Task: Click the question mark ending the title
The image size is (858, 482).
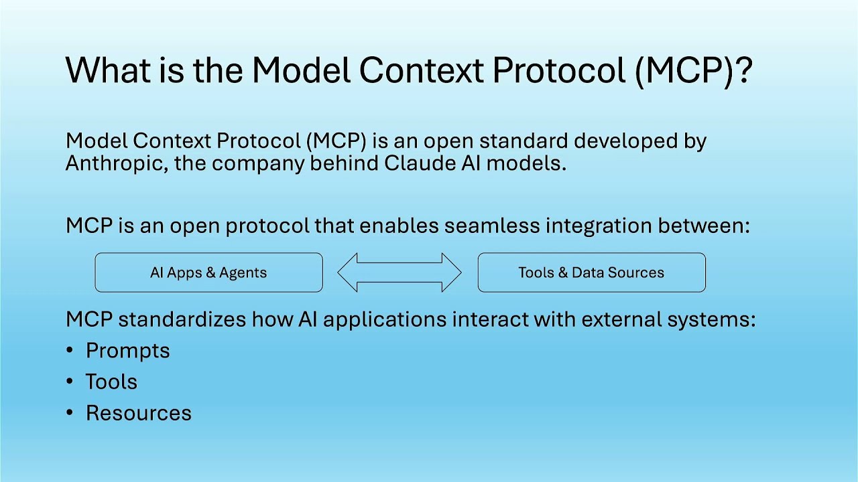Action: pyautogui.click(x=743, y=70)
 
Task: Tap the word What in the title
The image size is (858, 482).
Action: pyautogui.click(x=108, y=70)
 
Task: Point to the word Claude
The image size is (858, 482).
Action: pyautogui.click(x=420, y=163)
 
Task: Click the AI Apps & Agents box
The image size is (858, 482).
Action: pyautogui.click(x=208, y=272)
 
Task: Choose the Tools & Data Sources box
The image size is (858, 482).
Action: pyautogui.click(x=592, y=272)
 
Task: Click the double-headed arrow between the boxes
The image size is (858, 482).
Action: pyautogui.click(x=400, y=272)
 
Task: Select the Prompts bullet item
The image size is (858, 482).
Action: pyautogui.click(x=127, y=351)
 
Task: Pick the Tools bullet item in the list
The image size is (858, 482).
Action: pyautogui.click(x=111, y=382)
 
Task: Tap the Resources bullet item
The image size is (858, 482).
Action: pyautogui.click(x=139, y=413)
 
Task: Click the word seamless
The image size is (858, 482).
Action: pyautogui.click(x=492, y=226)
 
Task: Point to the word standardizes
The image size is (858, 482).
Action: pyautogui.click(x=182, y=319)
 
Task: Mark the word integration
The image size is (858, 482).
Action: pyautogui.click(x=599, y=226)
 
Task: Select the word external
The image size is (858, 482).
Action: pyautogui.click(x=621, y=319)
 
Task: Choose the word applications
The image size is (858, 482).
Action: pyautogui.click(x=385, y=320)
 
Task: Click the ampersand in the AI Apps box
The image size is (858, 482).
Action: pyautogui.click(x=210, y=272)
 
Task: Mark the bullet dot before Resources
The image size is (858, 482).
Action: pyautogui.click(x=69, y=413)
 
